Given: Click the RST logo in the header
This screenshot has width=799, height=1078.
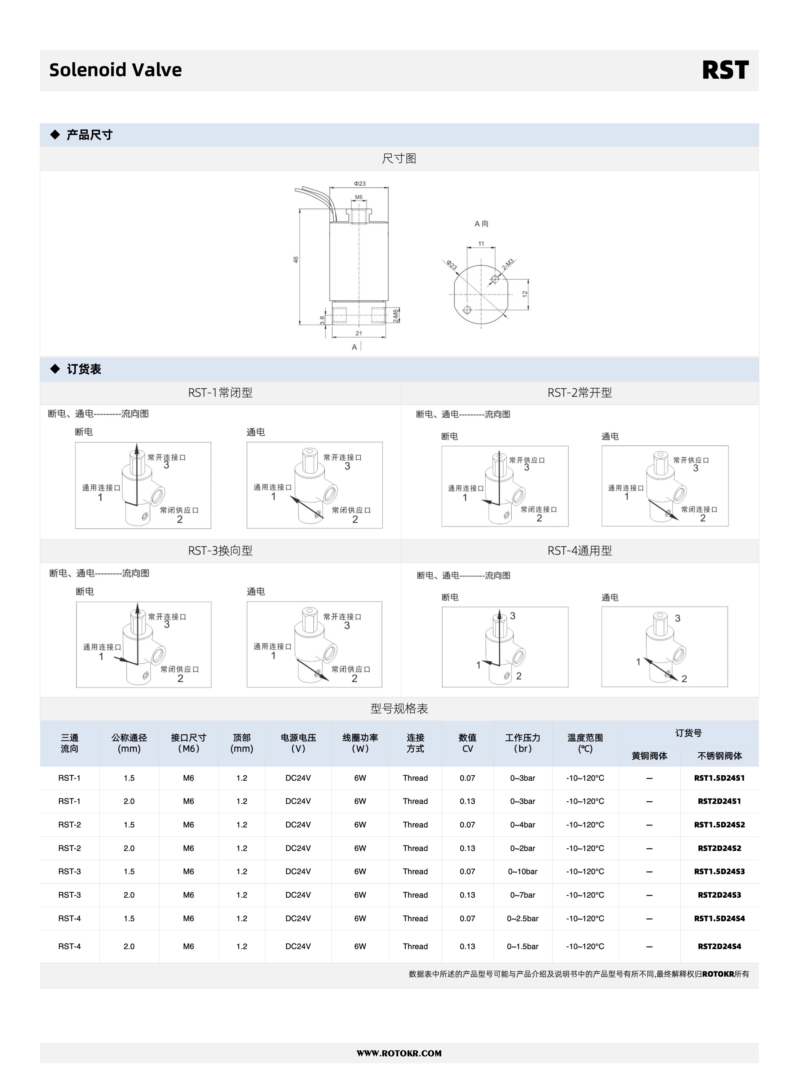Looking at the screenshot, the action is pyautogui.click(x=725, y=70).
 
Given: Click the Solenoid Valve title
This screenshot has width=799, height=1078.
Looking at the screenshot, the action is pyautogui.click(x=116, y=70).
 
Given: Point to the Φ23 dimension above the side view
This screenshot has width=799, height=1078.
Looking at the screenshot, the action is pyautogui.click(x=359, y=183).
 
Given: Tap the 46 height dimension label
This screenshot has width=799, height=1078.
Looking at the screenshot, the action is pyautogui.click(x=295, y=260).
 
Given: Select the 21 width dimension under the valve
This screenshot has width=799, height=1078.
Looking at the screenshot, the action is pyautogui.click(x=359, y=333).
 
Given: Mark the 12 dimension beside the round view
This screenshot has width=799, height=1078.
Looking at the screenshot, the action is pyautogui.click(x=525, y=294).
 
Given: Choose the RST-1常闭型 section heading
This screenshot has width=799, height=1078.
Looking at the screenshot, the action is pyautogui.click(x=220, y=393).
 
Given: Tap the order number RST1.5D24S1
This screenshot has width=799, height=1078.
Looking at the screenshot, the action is pyautogui.click(x=719, y=778).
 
